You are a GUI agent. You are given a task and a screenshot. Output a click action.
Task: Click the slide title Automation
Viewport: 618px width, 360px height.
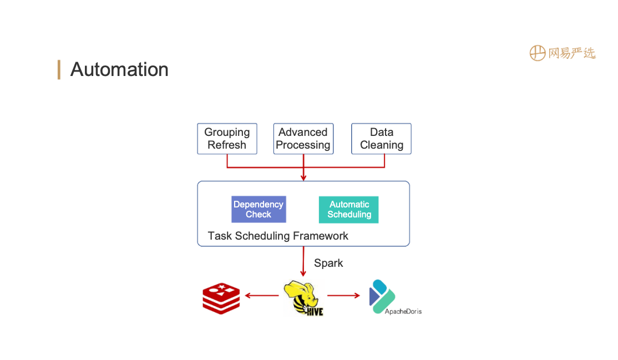119,70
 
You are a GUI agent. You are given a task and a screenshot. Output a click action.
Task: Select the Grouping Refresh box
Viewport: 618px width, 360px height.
227,139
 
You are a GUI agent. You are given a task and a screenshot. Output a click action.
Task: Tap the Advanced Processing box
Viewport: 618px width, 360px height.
303,139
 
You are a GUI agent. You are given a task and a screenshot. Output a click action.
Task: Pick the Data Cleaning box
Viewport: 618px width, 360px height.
382,139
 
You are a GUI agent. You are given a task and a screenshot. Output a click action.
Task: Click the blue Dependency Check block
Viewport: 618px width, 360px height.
259,210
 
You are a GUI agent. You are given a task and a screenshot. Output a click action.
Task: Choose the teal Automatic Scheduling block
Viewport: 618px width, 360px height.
349,210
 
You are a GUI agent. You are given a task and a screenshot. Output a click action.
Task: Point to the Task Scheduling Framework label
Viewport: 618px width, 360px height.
278,236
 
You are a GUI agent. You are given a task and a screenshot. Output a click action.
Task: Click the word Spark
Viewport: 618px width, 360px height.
328,263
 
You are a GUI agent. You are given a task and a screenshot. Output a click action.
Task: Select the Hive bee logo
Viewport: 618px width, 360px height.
303,298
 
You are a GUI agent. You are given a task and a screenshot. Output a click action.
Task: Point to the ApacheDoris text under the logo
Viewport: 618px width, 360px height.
403,312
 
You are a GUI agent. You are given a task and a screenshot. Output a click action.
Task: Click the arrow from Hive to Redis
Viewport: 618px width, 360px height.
262,296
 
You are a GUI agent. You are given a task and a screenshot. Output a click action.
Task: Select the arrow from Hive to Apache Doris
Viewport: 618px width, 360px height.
343,296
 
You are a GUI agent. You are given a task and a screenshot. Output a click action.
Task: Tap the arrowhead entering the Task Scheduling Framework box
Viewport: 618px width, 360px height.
303,178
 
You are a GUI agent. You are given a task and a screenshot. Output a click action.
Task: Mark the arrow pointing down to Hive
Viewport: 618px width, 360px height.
303,262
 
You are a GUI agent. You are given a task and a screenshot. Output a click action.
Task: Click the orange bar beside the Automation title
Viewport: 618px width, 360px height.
59,70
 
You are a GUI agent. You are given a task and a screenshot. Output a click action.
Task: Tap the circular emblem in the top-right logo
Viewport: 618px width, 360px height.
537,53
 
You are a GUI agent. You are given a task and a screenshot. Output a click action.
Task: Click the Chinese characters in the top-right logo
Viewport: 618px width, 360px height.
571,53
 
